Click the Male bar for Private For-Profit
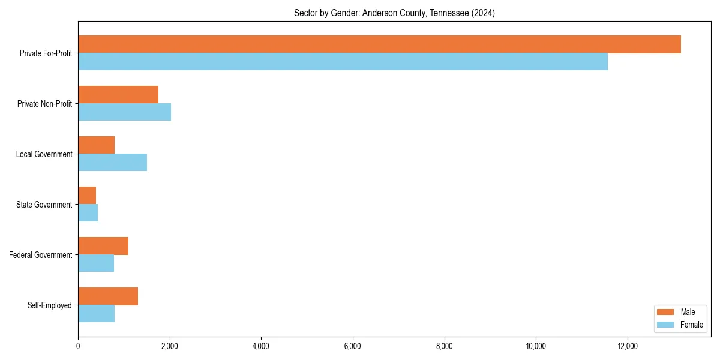click(x=379, y=44)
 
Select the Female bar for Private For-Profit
click(x=343, y=62)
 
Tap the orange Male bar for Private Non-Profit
click(x=118, y=95)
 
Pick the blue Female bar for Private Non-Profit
click(x=124, y=112)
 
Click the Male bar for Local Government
click(x=96, y=145)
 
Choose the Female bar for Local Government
click(x=112, y=163)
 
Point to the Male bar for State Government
click(x=87, y=196)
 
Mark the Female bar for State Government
click(x=88, y=213)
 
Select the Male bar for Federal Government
click(x=103, y=246)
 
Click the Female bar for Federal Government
click(x=96, y=263)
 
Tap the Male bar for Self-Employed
click(x=108, y=296)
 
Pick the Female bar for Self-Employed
click(x=96, y=314)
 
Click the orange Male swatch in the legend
click(x=666, y=312)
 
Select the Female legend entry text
click(x=692, y=325)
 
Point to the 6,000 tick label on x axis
click(x=353, y=346)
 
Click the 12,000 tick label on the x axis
click(x=628, y=346)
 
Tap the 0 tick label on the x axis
click(x=78, y=346)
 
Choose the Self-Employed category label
click(x=49, y=305)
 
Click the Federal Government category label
click(x=41, y=255)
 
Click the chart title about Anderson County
click(x=394, y=13)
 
